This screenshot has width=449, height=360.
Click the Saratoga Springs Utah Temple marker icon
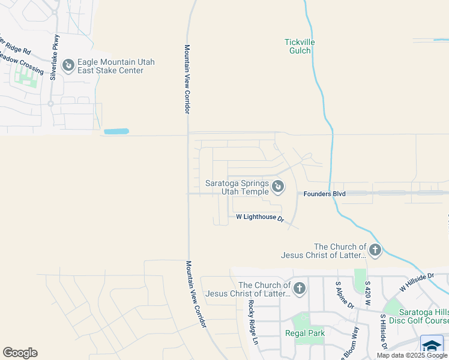point(278,187)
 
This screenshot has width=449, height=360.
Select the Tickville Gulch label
point(299,46)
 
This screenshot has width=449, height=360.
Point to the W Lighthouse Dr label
point(259,217)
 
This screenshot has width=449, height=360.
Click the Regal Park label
point(304,334)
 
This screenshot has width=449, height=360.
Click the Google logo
point(20,353)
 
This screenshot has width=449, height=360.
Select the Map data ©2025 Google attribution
point(412,355)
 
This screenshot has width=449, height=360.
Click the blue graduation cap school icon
point(432,346)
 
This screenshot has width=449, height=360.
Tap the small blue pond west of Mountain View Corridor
point(116,131)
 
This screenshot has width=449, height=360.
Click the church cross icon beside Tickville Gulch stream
point(375,250)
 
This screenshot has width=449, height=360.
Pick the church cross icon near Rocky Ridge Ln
point(299,289)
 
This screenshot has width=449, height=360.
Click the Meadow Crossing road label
point(22,63)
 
